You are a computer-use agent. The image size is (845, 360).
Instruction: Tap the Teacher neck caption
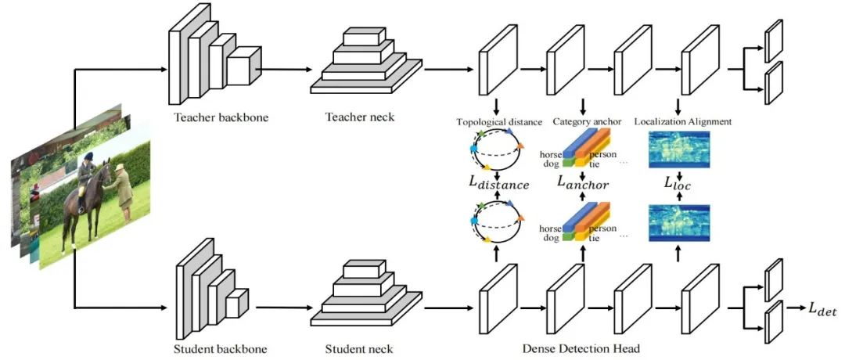tap(360, 117)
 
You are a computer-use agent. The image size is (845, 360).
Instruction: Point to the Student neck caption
tap(359, 348)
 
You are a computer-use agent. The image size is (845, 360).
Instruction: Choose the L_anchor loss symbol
tap(584, 183)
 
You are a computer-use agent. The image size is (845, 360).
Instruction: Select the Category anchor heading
tap(583, 122)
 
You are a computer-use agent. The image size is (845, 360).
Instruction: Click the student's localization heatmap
tap(679, 221)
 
